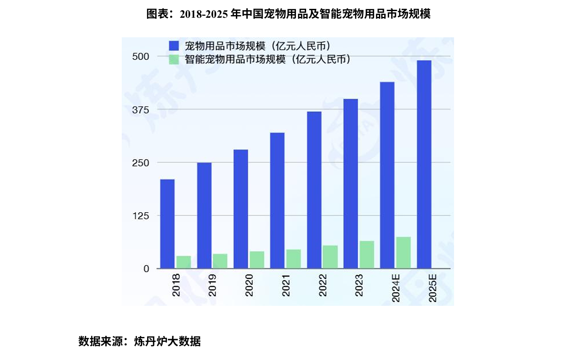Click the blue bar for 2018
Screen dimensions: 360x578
tap(167, 224)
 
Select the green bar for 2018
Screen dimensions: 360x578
tap(183, 262)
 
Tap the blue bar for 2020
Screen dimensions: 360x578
tap(240, 209)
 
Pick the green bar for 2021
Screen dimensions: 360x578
tap(293, 259)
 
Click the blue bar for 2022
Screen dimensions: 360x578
tap(314, 190)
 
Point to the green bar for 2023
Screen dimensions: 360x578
tap(367, 254)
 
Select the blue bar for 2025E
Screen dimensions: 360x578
tap(424, 164)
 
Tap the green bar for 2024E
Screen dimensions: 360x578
tap(403, 253)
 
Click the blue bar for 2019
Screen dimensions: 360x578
tap(204, 215)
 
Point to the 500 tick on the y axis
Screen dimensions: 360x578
tap(140, 56)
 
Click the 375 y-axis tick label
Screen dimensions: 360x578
tap(140, 110)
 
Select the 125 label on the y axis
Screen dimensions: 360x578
tap(140, 216)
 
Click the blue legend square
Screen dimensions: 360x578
tap(173, 46)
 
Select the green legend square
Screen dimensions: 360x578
tap(173, 59)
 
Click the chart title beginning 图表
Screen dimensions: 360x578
tap(289, 14)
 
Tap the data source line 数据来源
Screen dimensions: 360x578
tap(140, 341)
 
